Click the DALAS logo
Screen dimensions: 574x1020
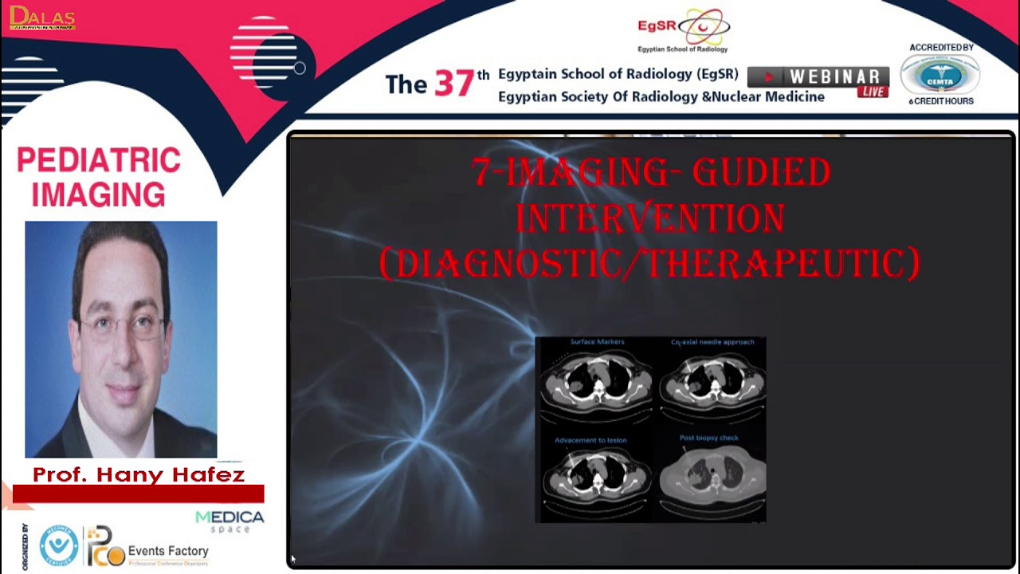42,18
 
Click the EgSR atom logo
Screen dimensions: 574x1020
703,28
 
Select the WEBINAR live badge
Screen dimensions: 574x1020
818,81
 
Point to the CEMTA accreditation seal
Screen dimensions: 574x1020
940,75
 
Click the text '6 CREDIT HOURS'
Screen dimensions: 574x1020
941,101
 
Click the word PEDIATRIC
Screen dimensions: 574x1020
99,160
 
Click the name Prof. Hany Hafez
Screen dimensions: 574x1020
138,475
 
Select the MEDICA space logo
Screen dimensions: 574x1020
229,521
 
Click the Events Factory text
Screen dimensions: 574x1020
168,551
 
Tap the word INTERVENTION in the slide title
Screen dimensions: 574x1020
650,218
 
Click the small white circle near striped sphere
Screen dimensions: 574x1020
300,69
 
